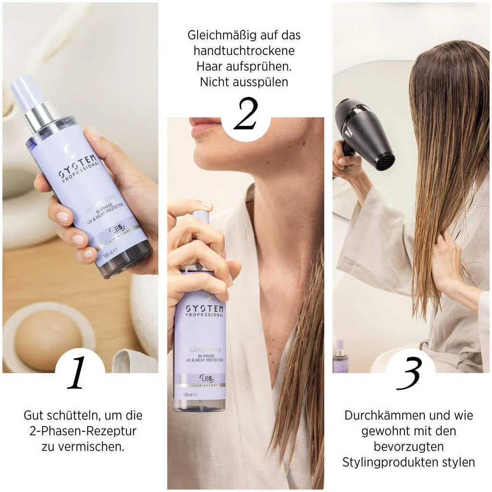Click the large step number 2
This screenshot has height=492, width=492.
click(x=246, y=114)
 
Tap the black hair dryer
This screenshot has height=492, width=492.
click(x=363, y=132)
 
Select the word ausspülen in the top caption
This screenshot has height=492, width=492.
click(x=260, y=82)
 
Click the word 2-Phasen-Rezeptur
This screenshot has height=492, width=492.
click(x=83, y=430)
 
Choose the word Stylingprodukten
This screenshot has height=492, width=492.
click(x=391, y=462)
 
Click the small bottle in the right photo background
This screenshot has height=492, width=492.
click(x=340, y=358)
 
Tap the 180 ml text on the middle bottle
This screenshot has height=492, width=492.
click(x=187, y=394)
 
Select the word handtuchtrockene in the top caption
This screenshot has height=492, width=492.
click(x=244, y=50)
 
